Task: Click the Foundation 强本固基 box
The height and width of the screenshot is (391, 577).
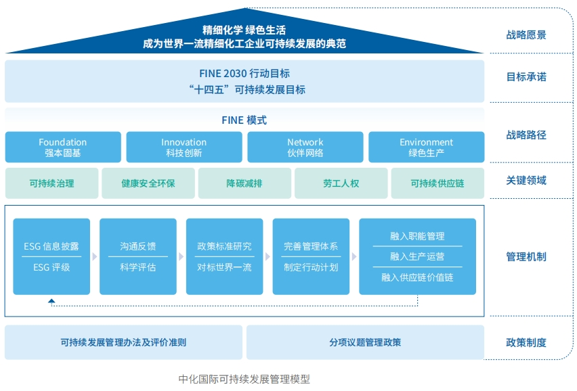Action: [63, 147]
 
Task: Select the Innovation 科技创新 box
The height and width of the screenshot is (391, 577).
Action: [184, 147]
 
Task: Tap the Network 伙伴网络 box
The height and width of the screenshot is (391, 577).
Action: [305, 147]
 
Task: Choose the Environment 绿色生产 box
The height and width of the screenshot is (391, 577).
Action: [426, 147]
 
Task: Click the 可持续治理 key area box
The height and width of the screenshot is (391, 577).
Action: [51, 183]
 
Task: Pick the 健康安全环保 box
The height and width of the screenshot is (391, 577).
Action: [148, 183]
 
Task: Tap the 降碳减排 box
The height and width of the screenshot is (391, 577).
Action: [244, 183]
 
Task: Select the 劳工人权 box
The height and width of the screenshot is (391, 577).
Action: [341, 183]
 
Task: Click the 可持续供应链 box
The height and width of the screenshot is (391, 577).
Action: [437, 183]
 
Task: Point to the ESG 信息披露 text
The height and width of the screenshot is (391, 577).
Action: [51, 246]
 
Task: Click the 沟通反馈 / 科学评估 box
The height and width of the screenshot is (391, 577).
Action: [138, 256]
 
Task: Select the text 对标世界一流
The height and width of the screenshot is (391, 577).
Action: [224, 267]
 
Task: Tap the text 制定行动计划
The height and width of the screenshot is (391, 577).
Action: [311, 267]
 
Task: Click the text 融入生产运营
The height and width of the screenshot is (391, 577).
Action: [417, 256]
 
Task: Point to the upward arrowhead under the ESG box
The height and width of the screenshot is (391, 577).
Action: [51, 301]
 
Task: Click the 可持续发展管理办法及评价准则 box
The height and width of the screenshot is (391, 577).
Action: [123, 342]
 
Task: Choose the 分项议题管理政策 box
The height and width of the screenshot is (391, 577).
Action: [365, 342]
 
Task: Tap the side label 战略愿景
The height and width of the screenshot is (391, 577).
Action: [526, 35]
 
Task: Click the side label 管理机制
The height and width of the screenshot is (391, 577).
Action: [526, 257]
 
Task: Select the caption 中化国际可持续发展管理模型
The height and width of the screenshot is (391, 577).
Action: [244, 379]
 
